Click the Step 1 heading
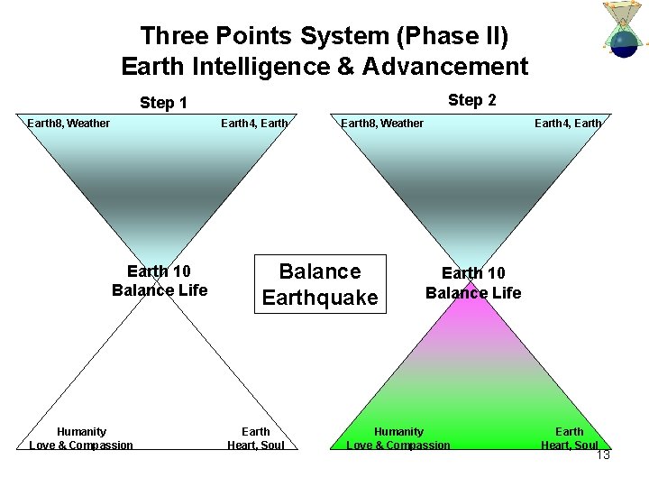163,103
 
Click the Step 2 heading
471,100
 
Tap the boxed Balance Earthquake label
320,284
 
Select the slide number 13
603,455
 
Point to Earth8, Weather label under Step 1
69,123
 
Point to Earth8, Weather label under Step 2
381,123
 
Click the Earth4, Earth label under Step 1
254,123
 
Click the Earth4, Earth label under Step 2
568,123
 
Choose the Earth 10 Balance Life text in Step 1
160,280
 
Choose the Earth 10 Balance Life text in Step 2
473,282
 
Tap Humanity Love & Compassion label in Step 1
81,438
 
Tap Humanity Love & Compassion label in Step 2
398,438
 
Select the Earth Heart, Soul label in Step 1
256,438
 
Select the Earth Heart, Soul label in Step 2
569,438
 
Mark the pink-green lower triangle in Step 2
472,379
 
